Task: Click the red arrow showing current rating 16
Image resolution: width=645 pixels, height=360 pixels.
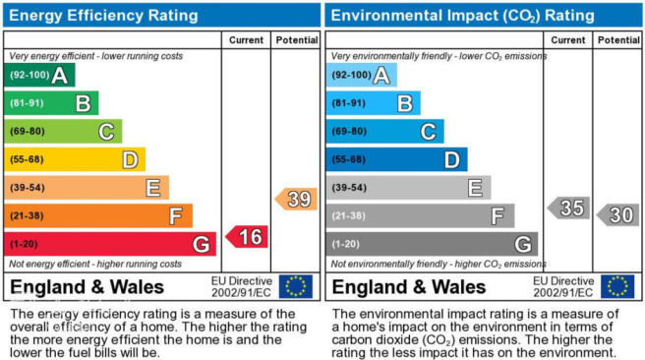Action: [247, 237]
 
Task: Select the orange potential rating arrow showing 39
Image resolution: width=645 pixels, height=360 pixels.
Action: [296, 199]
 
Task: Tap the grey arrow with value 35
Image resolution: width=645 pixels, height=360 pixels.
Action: [569, 208]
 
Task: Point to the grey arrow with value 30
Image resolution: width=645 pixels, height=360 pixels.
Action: [617, 214]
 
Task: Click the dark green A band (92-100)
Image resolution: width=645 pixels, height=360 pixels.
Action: [39, 75]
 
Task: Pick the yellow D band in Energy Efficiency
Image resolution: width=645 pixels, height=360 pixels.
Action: [75, 159]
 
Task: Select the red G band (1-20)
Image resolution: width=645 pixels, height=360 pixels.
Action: [110, 244]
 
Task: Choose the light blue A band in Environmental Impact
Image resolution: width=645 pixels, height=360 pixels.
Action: [362, 75]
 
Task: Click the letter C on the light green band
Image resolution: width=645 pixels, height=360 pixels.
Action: [106, 132]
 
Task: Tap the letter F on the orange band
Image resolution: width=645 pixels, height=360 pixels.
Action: [176, 216]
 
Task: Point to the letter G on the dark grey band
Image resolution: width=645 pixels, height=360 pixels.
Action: [523, 244]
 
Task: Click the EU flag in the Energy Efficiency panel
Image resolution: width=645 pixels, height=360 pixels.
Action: [296, 286]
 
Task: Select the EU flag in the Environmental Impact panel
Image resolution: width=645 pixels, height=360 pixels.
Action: [617, 286]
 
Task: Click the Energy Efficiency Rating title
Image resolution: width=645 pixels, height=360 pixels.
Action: [103, 16]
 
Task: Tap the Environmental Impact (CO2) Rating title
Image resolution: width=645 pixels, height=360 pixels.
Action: [463, 16]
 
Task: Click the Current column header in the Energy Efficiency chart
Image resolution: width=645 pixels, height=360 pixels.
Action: [247, 40]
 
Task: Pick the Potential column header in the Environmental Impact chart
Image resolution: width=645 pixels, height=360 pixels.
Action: [618, 40]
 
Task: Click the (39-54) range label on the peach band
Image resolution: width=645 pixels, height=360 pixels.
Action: [28, 188]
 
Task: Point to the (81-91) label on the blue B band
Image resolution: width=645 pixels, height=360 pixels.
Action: [349, 103]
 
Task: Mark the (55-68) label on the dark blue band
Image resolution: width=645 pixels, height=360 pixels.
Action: [349, 159]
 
